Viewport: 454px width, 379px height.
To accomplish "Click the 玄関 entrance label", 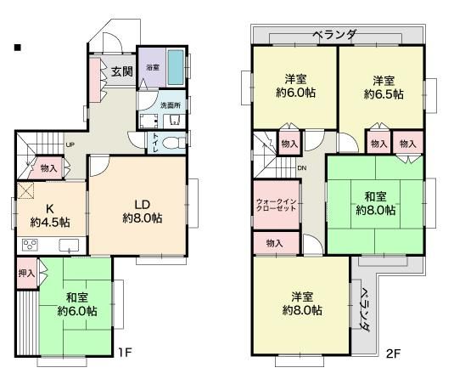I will pos(121,71).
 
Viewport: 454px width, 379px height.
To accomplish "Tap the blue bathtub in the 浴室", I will pos(175,66).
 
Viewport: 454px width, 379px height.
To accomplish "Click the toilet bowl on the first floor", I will pos(173,142).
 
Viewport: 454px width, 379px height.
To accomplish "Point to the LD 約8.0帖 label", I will pos(142,210).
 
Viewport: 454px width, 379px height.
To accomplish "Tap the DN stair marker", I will pos(301,168).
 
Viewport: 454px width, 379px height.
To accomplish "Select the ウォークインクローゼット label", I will pos(275,206).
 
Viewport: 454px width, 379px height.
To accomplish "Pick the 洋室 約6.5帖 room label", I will pos(381,87).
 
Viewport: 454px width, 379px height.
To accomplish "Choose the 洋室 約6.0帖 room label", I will pos(294,87).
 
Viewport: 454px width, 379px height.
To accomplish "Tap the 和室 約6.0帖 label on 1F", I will pos(77,303).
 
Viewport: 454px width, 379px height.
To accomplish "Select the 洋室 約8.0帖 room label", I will pos(302,303).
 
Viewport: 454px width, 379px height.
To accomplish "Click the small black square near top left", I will pos(16,48).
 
